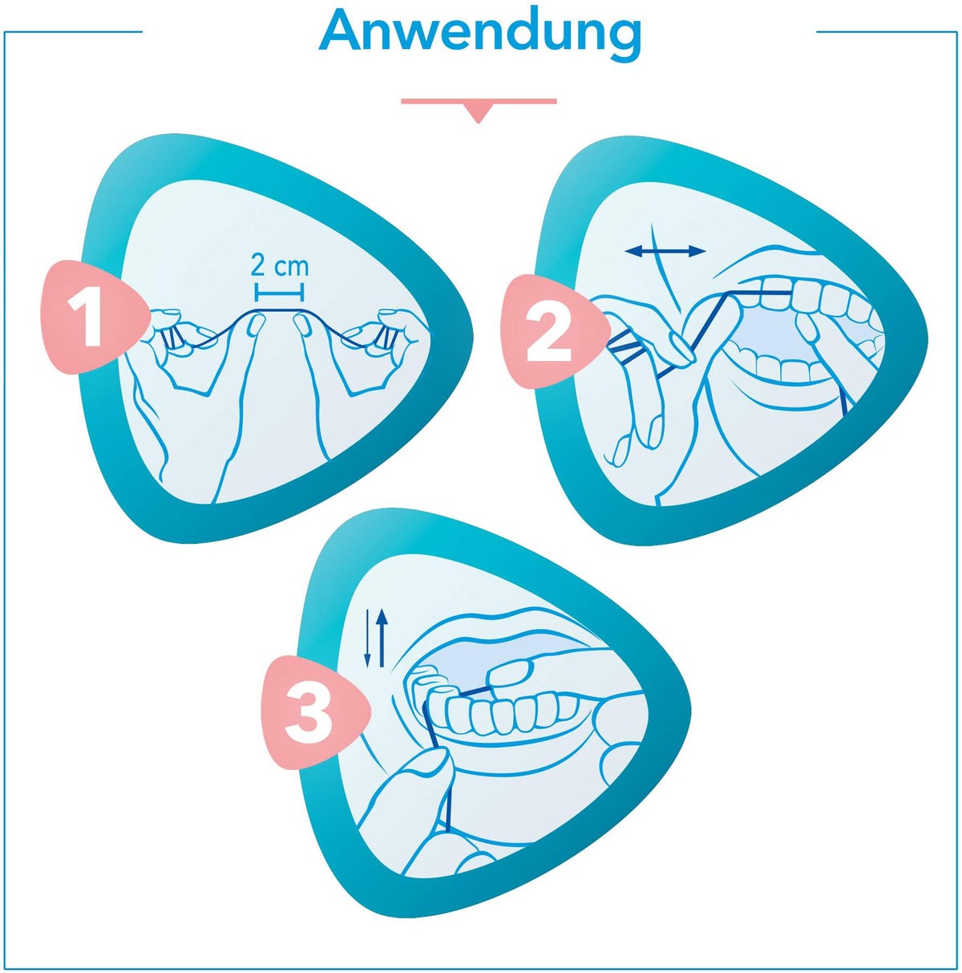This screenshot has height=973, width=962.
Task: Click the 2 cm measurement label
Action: [279, 266]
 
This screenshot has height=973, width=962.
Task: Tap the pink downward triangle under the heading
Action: [479, 114]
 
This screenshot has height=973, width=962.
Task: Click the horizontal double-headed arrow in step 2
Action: [665, 250]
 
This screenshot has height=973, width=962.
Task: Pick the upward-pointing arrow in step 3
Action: [382, 638]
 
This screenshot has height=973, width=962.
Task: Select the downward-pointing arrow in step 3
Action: [368, 638]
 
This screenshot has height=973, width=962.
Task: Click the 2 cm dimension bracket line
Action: [279, 291]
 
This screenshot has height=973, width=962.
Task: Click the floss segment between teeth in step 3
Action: [475, 690]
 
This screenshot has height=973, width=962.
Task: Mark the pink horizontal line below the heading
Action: [479, 101]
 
